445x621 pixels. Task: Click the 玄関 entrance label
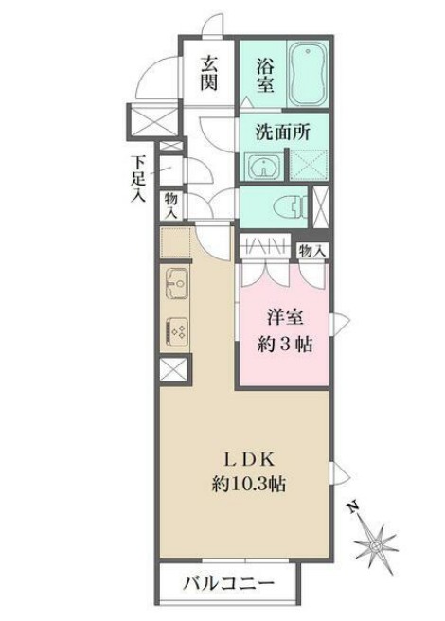click(209, 71)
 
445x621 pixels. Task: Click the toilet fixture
click(290, 205)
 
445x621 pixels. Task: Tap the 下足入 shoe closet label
click(138, 180)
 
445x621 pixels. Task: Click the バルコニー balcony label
click(227, 583)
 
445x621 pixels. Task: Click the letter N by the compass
click(351, 508)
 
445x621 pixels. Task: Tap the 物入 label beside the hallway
click(171, 205)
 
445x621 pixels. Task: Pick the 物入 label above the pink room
click(312, 250)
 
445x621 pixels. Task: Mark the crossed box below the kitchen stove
click(174, 370)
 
